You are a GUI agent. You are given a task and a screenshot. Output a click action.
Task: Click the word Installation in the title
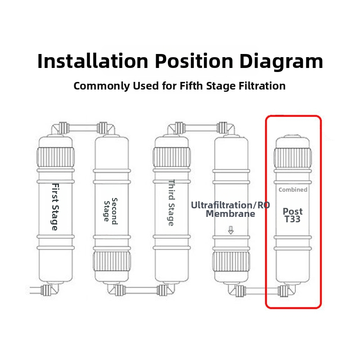[93, 61]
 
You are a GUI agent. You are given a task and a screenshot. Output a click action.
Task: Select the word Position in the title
[194, 61]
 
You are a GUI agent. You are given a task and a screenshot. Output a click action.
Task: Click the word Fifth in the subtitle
[192, 86]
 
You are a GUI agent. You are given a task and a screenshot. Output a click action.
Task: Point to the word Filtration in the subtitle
[262, 86]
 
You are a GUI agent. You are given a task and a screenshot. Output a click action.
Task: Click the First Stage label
[55, 207]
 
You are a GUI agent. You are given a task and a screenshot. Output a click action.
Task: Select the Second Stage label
[111, 211]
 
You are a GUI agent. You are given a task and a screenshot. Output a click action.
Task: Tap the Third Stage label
[171, 203]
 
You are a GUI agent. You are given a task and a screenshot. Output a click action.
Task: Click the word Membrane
[230, 214]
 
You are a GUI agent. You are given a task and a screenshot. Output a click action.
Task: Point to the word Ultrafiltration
[223, 205]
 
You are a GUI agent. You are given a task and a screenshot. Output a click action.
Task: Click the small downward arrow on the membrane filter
[231, 230]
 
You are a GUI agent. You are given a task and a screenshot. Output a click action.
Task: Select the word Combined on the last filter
[293, 189]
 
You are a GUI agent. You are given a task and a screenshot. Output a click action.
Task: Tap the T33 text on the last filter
[292, 219]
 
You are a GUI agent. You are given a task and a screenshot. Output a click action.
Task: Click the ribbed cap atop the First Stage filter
[55, 157]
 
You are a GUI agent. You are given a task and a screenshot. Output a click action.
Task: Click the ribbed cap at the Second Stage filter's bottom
[112, 261]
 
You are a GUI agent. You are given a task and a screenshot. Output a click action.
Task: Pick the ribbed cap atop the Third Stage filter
[172, 157]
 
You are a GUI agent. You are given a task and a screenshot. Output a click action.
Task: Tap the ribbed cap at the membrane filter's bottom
[231, 262]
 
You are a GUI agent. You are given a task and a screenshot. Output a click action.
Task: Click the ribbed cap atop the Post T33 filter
[293, 158]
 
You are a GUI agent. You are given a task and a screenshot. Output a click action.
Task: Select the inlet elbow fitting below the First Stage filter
[50, 289]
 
